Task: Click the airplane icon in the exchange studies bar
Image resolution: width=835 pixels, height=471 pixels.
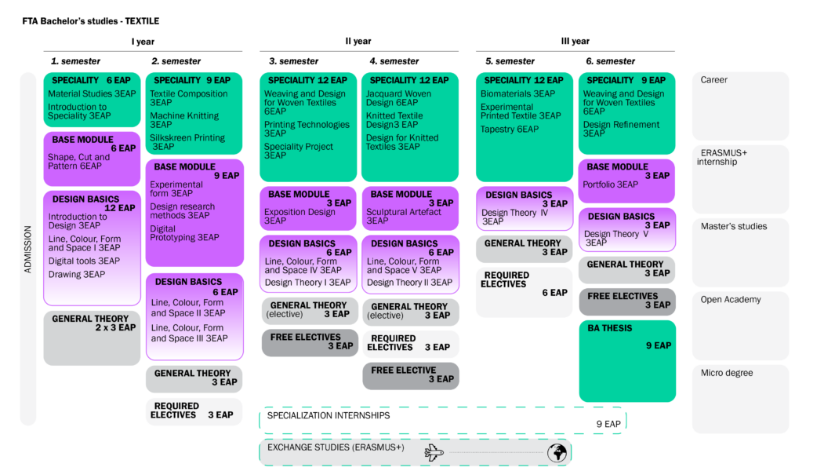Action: click(434, 452)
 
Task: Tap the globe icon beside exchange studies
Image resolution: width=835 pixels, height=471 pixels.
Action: click(557, 453)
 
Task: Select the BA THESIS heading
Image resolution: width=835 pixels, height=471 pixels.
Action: click(610, 328)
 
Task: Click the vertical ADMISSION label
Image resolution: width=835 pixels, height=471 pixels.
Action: click(27, 249)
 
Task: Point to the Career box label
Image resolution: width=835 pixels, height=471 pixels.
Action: click(713, 80)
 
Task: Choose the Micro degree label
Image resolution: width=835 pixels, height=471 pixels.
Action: click(726, 373)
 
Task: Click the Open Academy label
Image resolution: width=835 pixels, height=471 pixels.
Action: click(731, 300)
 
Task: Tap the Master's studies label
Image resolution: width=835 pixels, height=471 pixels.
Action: click(734, 226)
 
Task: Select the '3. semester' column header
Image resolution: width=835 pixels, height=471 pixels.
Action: click(293, 61)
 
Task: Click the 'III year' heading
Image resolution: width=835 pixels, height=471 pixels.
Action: click(575, 41)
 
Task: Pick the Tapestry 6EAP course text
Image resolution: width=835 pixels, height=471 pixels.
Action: click(509, 129)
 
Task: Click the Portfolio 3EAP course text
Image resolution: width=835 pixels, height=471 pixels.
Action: click(610, 184)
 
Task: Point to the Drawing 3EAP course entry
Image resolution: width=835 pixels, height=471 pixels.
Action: click(77, 274)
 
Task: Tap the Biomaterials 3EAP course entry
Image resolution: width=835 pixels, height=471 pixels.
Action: click(517, 94)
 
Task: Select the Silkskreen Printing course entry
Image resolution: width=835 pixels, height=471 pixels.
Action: click(187, 142)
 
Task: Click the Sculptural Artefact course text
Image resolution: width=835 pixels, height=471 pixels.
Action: click(404, 216)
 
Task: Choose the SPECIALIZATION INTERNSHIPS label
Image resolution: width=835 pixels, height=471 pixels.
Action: click(329, 415)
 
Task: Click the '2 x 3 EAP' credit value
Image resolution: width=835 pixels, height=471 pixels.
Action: click(115, 327)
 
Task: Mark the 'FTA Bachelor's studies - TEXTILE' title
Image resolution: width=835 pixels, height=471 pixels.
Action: click(90, 21)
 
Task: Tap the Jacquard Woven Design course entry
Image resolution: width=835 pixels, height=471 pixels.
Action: click(398, 98)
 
